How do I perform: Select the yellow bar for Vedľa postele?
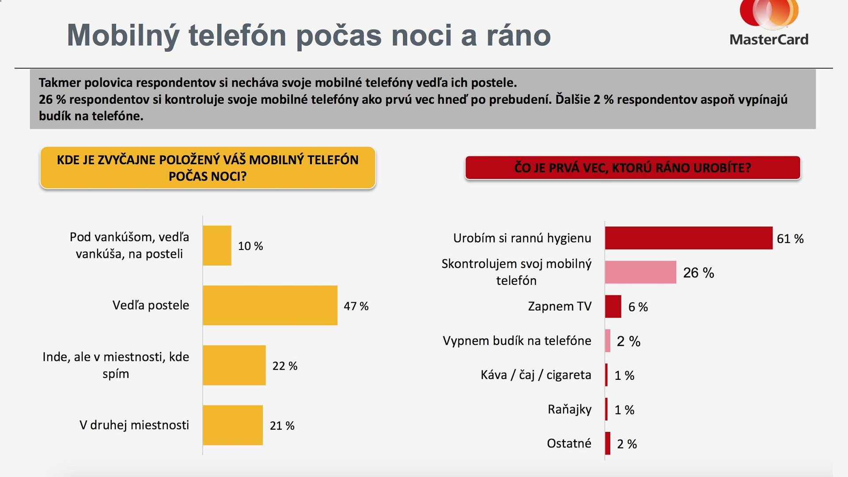point(270,305)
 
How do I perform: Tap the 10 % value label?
point(250,246)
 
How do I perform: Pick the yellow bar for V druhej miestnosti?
point(233,425)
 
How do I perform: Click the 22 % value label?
point(285,366)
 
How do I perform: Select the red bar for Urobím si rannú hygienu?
point(689,238)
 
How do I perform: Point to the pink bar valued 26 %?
point(640,272)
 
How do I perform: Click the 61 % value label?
point(790,239)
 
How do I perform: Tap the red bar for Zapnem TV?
point(613,307)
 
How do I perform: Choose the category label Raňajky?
point(569,409)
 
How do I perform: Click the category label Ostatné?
point(569,443)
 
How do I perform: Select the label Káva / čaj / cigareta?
point(536,375)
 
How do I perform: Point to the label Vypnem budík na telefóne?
point(517,341)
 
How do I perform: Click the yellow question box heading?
point(208,168)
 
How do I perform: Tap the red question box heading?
point(632,168)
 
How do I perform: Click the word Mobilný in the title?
point(123,35)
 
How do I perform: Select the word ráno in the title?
point(519,35)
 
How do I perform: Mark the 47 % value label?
point(356,306)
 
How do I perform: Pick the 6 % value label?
point(638,307)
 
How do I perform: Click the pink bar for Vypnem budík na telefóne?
point(608,341)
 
